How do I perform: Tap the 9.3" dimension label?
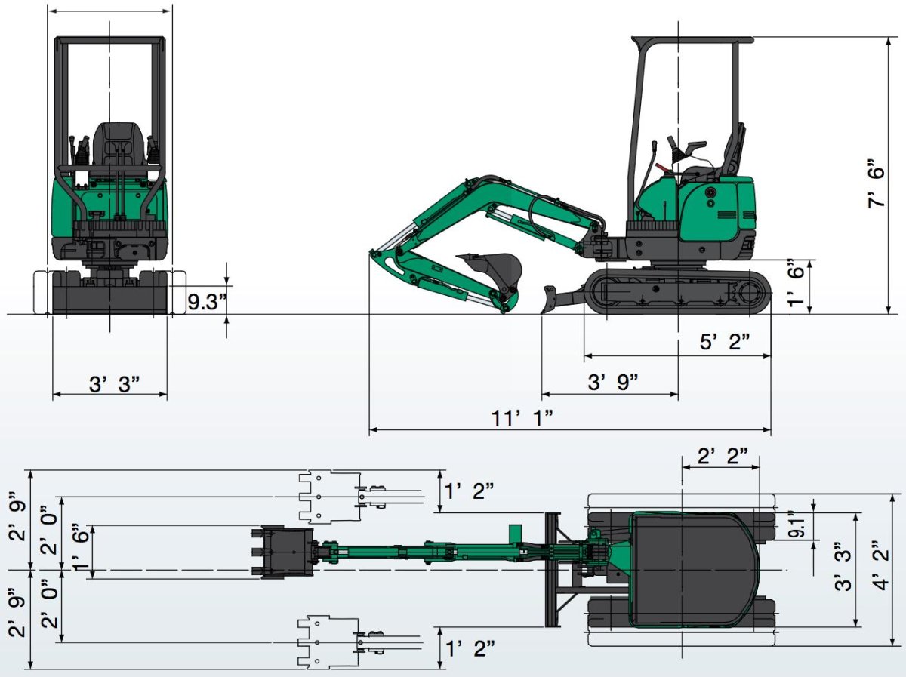[207, 302]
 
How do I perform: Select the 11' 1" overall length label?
[522, 419]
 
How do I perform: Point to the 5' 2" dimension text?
[724, 341]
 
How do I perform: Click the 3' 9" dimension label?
[613, 382]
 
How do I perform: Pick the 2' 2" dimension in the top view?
[723, 457]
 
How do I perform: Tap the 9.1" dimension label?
[797, 525]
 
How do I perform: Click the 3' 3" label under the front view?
[114, 384]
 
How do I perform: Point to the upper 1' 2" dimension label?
[469, 491]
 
